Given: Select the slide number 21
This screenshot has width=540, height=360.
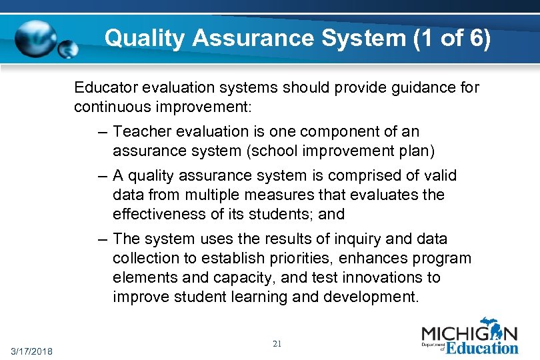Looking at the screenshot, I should [277, 344].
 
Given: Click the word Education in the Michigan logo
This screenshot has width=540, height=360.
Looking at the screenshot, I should [482, 347].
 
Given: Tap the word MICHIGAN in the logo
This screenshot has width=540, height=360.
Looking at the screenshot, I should [469, 332].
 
